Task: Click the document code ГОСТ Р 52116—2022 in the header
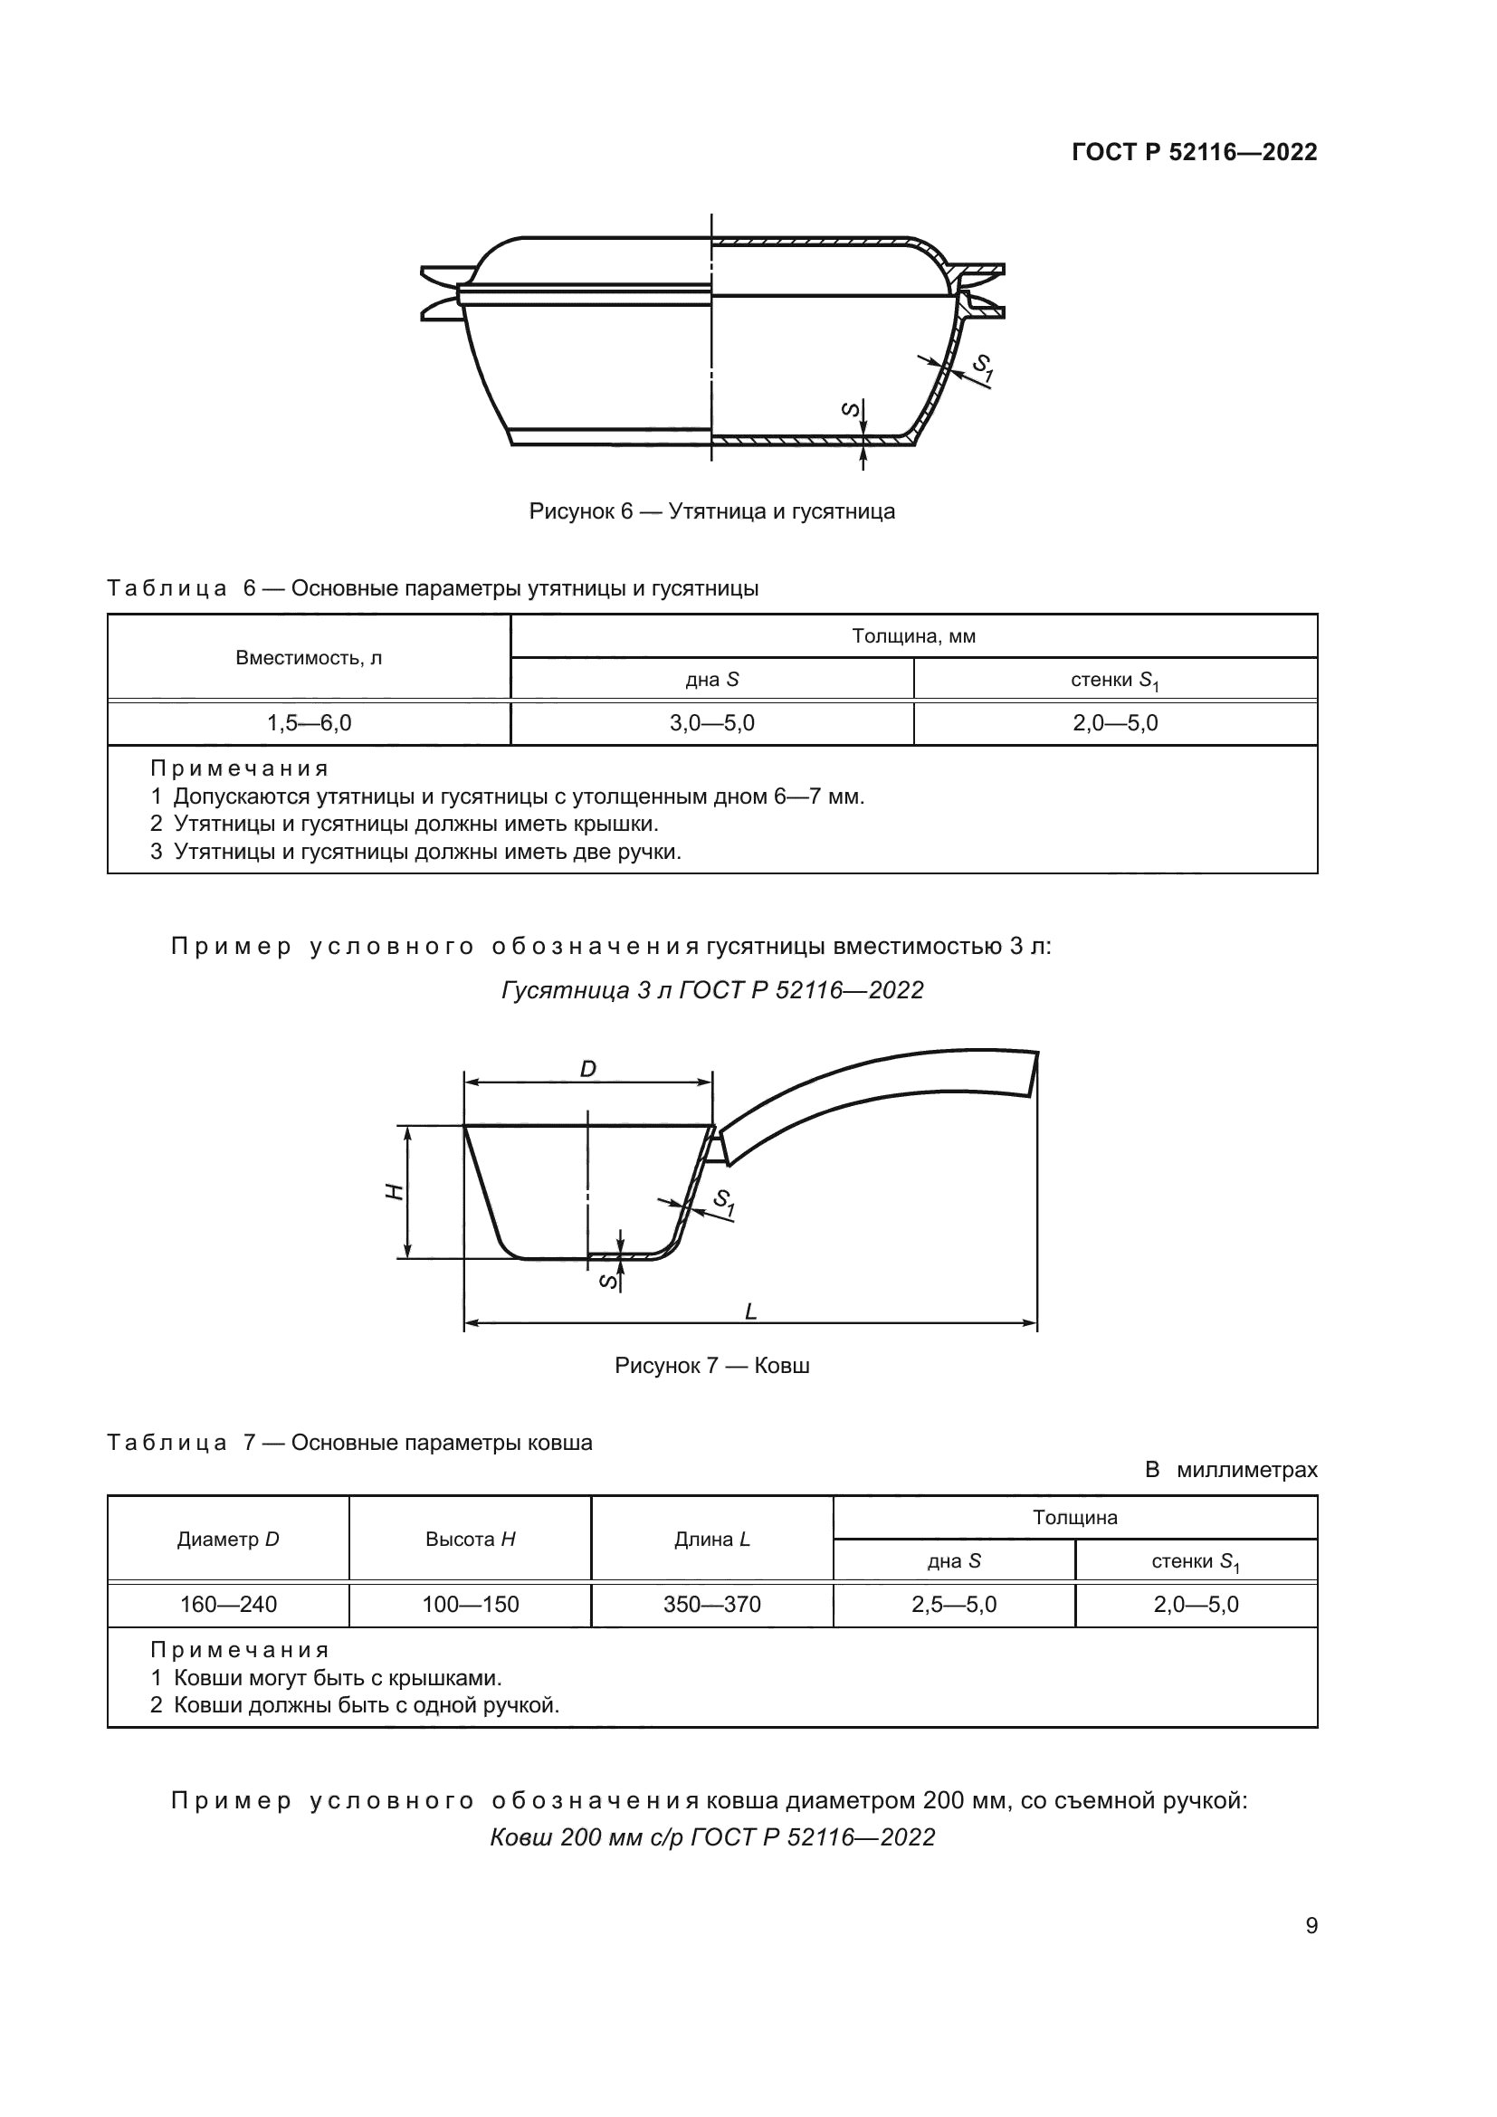pyautogui.click(x=1194, y=152)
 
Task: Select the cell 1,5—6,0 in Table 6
pyautogui.click(x=309, y=723)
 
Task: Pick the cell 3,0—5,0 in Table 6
pyautogui.click(x=711, y=723)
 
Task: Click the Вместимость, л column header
pyautogui.click(x=309, y=657)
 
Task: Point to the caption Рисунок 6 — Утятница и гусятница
pyautogui.click(x=711, y=510)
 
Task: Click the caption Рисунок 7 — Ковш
pyautogui.click(x=711, y=1366)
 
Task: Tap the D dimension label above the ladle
pyautogui.click(x=587, y=1069)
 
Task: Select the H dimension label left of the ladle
pyautogui.click(x=395, y=1191)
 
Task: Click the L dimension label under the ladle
pyautogui.click(x=750, y=1311)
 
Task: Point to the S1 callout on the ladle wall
pyautogui.click(x=724, y=1202)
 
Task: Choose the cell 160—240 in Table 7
pyautogui.click(x=229, y=1605)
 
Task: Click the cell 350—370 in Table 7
pyautogui.click(x=711, y=1605)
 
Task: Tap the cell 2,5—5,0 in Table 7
pyautogui.click(x=954, y=1605)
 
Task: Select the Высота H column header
pyautogui.click(x=470, y=1539)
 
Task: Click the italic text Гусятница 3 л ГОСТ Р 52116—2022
pyautogui.click(x=711, y=990)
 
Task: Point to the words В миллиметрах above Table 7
pyautogui.click(x=1231, y=1470)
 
